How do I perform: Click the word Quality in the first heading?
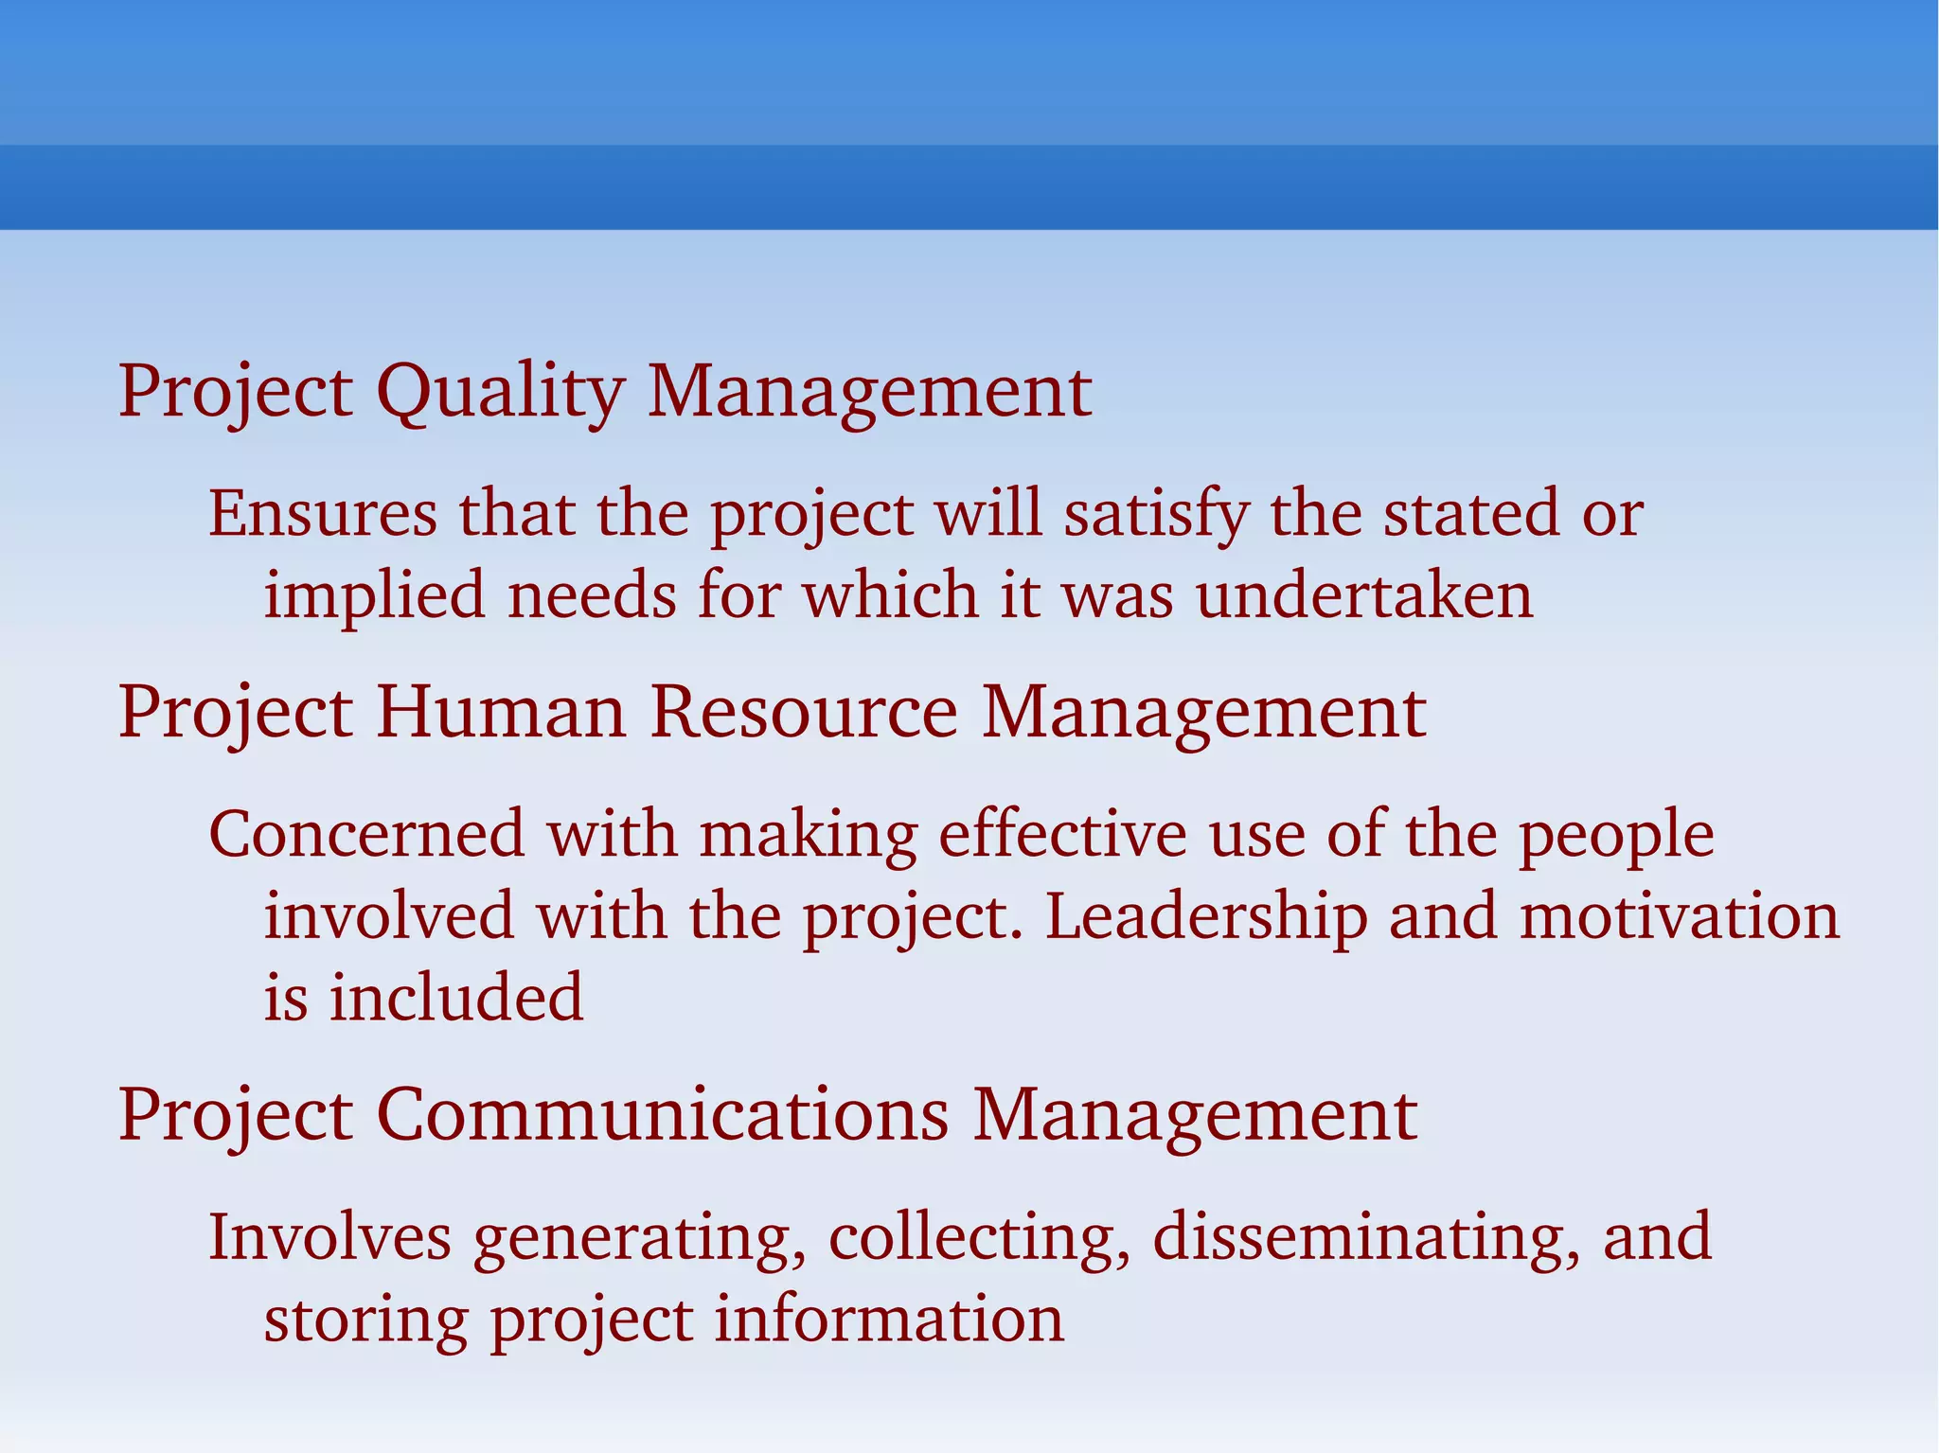(500, 392)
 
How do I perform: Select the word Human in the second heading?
(501, 713)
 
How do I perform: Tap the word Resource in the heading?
(804, 713)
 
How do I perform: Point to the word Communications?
(662, 1115)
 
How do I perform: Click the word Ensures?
(323, 514)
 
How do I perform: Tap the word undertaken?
(1364, 596)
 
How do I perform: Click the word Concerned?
(366, 835)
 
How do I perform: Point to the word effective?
(1062, 835)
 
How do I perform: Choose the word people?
(1616, 835)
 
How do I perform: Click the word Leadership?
(1206, 917)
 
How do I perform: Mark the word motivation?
(1680, 917)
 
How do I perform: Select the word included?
(456, 999)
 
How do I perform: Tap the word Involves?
(329, 1237)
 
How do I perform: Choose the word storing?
(365, 1321)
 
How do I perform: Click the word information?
(889, 1320)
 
